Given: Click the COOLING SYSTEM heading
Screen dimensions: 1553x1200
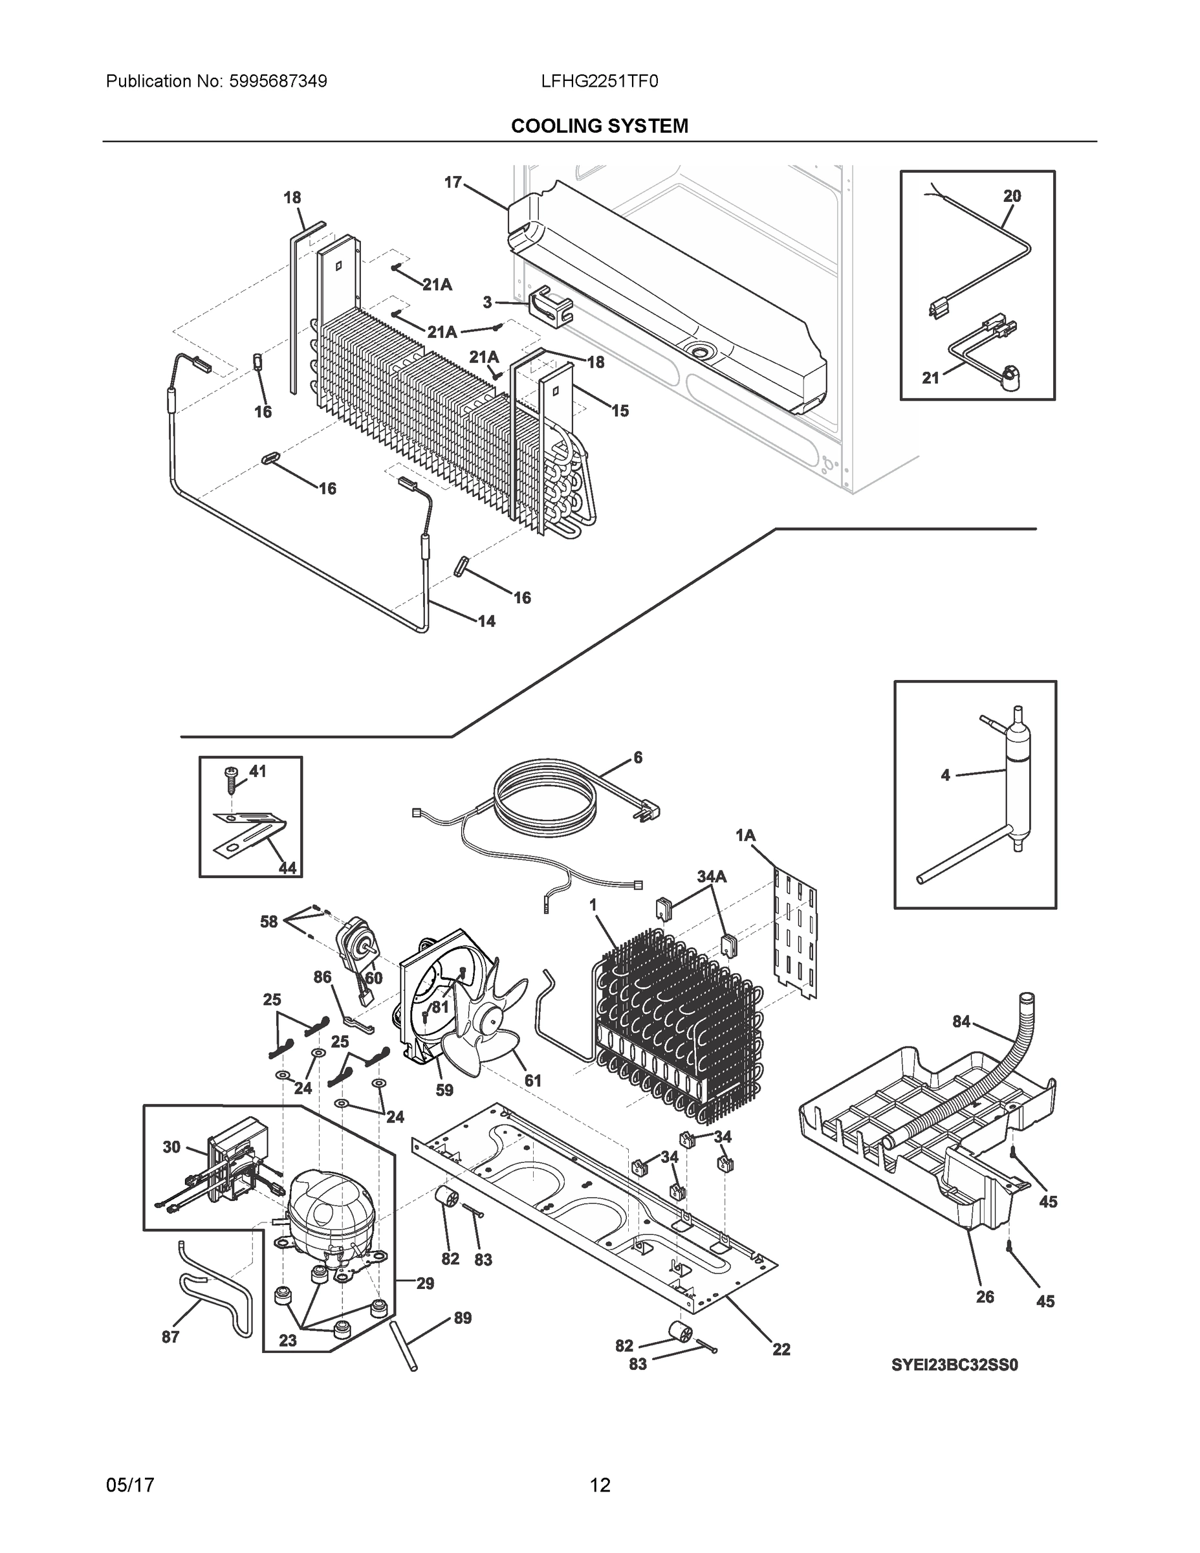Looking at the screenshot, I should (599, 126).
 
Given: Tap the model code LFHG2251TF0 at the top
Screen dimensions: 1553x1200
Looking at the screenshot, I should (599, 82).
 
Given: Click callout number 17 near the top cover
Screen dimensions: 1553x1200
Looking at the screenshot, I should (453, 182).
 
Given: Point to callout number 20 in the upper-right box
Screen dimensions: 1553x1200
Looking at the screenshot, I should (1012, 195).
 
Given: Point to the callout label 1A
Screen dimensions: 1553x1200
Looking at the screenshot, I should (745, 835).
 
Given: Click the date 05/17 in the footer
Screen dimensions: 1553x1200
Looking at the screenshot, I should (130, 1485).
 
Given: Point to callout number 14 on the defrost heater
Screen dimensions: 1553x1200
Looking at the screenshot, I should (486, 621).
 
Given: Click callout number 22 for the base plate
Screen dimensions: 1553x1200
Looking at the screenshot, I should (781, 1350).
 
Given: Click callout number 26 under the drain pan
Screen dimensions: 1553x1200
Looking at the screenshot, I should (985, 1296).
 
